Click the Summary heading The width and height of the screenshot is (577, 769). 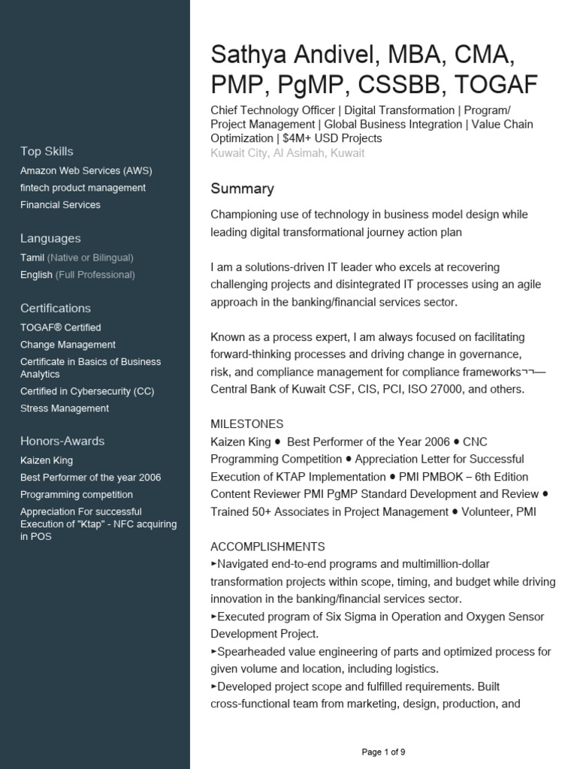tap(242, 188)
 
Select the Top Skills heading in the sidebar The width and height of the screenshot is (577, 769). tap(47, 151)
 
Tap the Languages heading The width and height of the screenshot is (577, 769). tap(50, 238)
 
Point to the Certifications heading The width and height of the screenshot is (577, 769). tap(56, 308)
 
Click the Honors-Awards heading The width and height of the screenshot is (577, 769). tap(62, 441)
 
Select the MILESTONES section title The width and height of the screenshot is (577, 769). tap(246, 424)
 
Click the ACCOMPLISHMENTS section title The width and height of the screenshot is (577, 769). tap(267, 546)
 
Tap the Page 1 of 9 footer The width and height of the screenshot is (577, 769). tap(383, 752)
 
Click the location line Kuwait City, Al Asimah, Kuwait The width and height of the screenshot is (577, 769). tap(287, 153)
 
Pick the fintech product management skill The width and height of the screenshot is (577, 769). tap(83, 188)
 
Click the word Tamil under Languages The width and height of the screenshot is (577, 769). tap(32, 258)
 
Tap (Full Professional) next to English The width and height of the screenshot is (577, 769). tap(95, 275)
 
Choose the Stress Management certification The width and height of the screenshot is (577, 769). tap(65, 409)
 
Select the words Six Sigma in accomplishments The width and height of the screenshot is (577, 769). tap(350, 617)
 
